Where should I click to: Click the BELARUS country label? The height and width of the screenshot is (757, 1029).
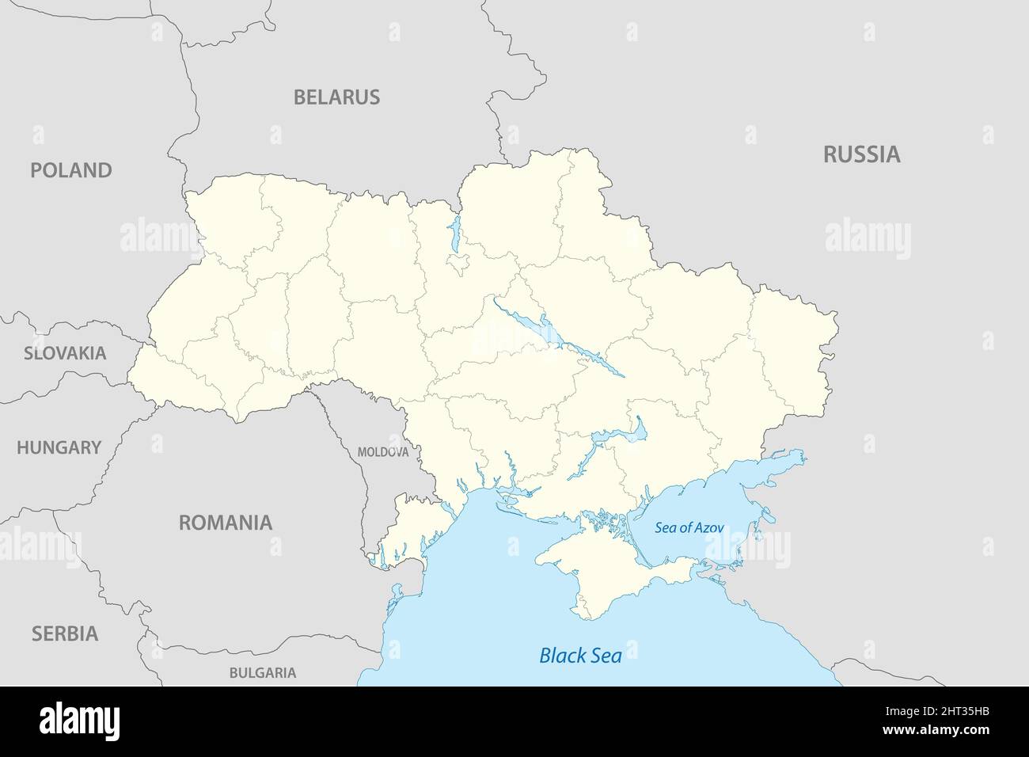pyautogui.click(x=336, y=97)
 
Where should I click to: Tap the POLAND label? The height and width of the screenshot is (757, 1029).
pyautogui.click(x=70, y=170)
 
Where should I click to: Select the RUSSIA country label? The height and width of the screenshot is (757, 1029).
pyautogui.click(x=861, y=154)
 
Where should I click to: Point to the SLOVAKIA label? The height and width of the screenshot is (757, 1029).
pyautogui.click(x=64, y=353)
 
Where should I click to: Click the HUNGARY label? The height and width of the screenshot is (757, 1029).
pyautogui.click(x=59, y=447)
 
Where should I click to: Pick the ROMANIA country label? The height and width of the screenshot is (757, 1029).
pyautogui.click(x=225, y=523)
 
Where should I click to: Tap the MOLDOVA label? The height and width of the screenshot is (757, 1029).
pyautogui.click(x=383, y=452)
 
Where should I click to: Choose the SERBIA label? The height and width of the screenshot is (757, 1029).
pyautogui.click(x=65, y=633)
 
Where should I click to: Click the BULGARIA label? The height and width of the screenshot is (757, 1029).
pyautogui.click(x=263, y=673)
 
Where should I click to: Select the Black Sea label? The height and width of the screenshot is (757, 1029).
pyautogui.click(x=579, y=656)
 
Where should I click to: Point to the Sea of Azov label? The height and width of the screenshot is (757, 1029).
pyautogui.click(x=689, y=527)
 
